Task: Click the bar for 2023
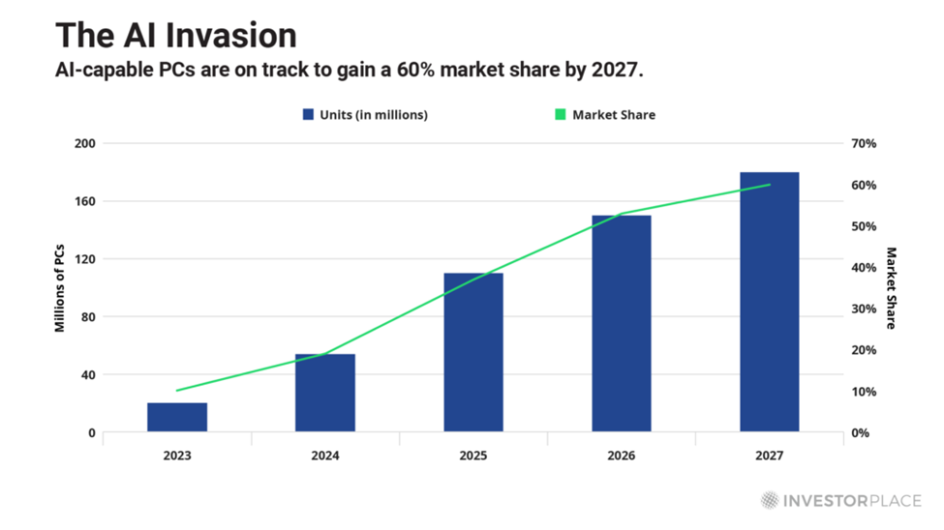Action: coord(177,417)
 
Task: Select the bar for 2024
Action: coord(325,393)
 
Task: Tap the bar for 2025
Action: coord(473,352)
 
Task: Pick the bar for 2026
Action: coord(622,323)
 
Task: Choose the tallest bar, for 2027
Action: coord(770,302)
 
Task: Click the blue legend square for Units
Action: coord(308,114)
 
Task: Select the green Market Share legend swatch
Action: coord(560,114)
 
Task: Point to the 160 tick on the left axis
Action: coord(86,201)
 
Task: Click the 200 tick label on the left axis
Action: coord(86,143)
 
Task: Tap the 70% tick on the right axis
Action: coord(863,143)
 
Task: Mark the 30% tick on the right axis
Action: coord(863,309)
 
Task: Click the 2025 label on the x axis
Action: coord(473,456)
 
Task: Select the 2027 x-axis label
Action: coord(770,456)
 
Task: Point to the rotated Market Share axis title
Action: coord(891,287)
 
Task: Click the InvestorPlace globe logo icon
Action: coord(770,500)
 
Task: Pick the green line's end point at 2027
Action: coord(770,185)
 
